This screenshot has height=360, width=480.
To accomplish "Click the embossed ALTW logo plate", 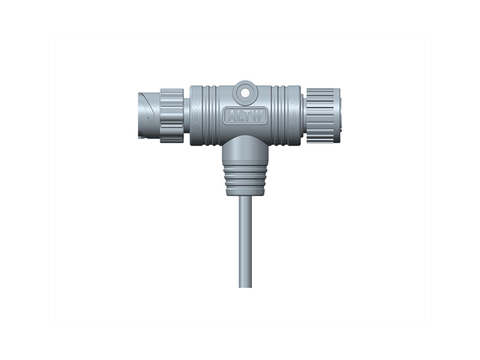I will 245,116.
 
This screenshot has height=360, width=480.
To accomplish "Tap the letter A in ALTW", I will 231,116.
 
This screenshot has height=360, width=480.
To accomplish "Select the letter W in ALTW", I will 259,116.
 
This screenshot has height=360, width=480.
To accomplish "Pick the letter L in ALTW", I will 239,116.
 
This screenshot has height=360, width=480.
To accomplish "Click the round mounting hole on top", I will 245,92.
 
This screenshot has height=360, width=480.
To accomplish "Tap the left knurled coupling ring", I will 172,115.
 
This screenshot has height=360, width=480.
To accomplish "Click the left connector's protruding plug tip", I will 148,115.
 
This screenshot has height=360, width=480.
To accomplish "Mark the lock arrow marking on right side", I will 294,115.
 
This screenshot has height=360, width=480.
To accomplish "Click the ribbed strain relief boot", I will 245,178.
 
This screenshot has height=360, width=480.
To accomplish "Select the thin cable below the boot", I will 245,240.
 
